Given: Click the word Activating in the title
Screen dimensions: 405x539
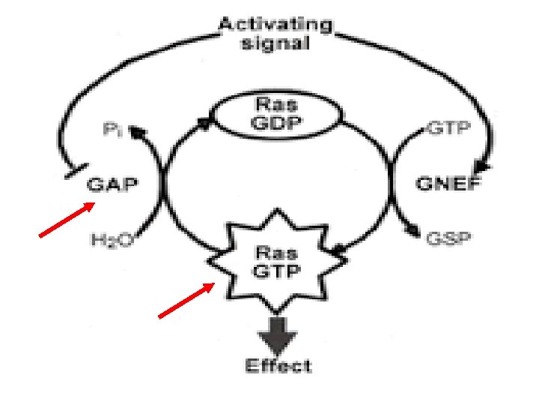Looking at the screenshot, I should pyautogui.click(x=275, y=24).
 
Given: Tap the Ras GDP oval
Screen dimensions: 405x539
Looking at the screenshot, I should pyautogui.click(x=277, y=116).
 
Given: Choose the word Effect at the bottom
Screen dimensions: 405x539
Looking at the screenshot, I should pyautogui.click(x=278, y=367).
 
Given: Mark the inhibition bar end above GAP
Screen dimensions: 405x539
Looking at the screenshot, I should pyautogui.click(x=68, y=172).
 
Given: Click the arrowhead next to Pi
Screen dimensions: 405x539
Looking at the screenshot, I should pyautogui.click(x=135, y=133).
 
